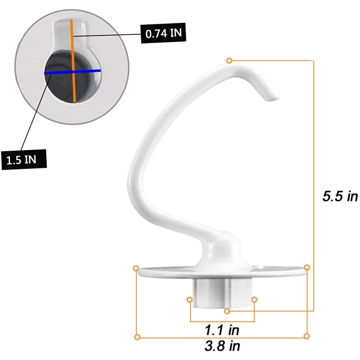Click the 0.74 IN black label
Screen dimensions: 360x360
163,33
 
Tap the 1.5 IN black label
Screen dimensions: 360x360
24,160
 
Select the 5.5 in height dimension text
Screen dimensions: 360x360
340,196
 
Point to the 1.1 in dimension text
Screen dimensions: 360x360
222,330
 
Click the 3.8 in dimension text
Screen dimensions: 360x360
222,346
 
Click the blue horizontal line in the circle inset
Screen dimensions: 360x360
72,72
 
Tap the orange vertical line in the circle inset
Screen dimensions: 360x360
73,61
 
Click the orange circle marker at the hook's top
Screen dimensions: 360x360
229,61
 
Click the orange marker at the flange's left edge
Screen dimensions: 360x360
136,268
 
